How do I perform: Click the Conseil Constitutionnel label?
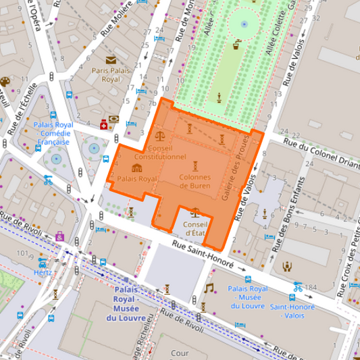165,151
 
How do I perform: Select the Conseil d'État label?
195,228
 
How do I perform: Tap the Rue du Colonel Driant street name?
321,147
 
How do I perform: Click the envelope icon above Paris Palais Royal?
110,60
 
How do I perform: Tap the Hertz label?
42,272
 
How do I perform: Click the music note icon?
209,288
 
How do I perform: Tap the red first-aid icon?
103,124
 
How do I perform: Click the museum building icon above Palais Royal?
136,168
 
